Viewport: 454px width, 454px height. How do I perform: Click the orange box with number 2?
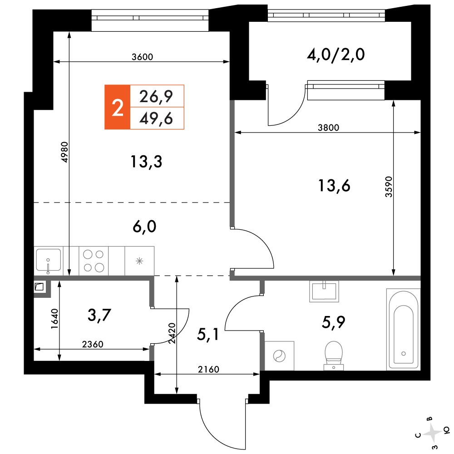pos(117,107)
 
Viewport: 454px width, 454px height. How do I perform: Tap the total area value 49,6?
pos(156,118)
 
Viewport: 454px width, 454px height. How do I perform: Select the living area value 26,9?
pos(156,96)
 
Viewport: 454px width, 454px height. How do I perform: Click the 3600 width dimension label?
pos(142,57)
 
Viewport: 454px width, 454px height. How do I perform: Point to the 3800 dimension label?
pos(328,128)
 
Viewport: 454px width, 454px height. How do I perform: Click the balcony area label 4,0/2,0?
pos(336,54)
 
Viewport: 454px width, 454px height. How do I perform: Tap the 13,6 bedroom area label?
pos(334,186)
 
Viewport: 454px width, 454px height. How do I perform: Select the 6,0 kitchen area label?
pos(144,227)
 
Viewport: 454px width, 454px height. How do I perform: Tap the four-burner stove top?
pos(94,261)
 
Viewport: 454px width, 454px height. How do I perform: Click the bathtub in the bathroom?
pos(403,329)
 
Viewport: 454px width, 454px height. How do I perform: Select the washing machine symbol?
pos(279,356)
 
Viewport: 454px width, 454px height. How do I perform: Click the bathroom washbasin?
pos(324,291)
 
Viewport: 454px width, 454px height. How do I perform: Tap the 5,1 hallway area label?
pos(208,335)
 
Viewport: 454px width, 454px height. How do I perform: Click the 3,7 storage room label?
pos(99,315)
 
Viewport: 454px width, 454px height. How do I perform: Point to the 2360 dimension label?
pos(93,344)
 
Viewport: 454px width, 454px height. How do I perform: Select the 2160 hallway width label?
pos(208,370)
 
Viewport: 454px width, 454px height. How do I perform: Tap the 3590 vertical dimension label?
pos(389,187)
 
